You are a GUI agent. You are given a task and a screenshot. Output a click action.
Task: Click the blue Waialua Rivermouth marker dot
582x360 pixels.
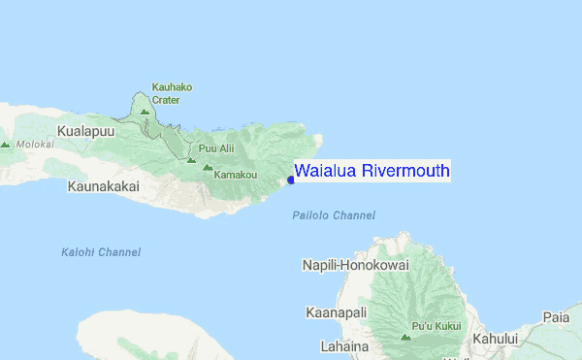pos(291,180)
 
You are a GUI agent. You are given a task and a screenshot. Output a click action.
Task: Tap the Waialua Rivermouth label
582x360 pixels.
pos(372,171)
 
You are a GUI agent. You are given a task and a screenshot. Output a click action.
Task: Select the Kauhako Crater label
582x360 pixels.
pos(172,92)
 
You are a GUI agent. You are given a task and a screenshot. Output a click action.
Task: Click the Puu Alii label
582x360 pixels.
pos(215,148)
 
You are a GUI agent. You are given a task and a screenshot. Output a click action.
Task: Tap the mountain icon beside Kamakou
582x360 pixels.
pos(207,167)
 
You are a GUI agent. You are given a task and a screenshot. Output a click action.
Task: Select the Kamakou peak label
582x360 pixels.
pos(235,175)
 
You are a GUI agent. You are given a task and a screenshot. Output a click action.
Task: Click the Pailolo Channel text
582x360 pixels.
pos(334,215)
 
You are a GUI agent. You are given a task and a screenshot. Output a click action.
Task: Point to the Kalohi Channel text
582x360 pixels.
pos(100,252)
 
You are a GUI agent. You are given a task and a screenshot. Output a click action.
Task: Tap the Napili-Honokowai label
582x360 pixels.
pos(355,265)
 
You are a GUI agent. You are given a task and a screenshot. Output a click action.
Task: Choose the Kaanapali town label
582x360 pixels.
pos(336,312)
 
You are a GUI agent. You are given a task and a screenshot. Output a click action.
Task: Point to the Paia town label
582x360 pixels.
pos(556,316)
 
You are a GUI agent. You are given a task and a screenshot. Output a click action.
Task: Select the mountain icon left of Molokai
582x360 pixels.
pos(5,145)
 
